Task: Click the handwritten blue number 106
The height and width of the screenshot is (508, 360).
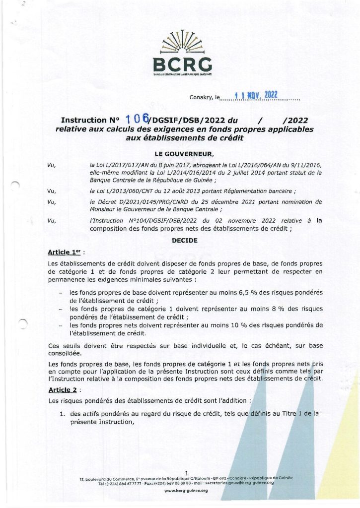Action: point(138,119)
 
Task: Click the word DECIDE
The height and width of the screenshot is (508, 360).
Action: point(184,240)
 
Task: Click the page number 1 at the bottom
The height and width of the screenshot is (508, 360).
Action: point(185,472)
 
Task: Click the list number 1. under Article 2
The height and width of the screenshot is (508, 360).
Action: point(63,413)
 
